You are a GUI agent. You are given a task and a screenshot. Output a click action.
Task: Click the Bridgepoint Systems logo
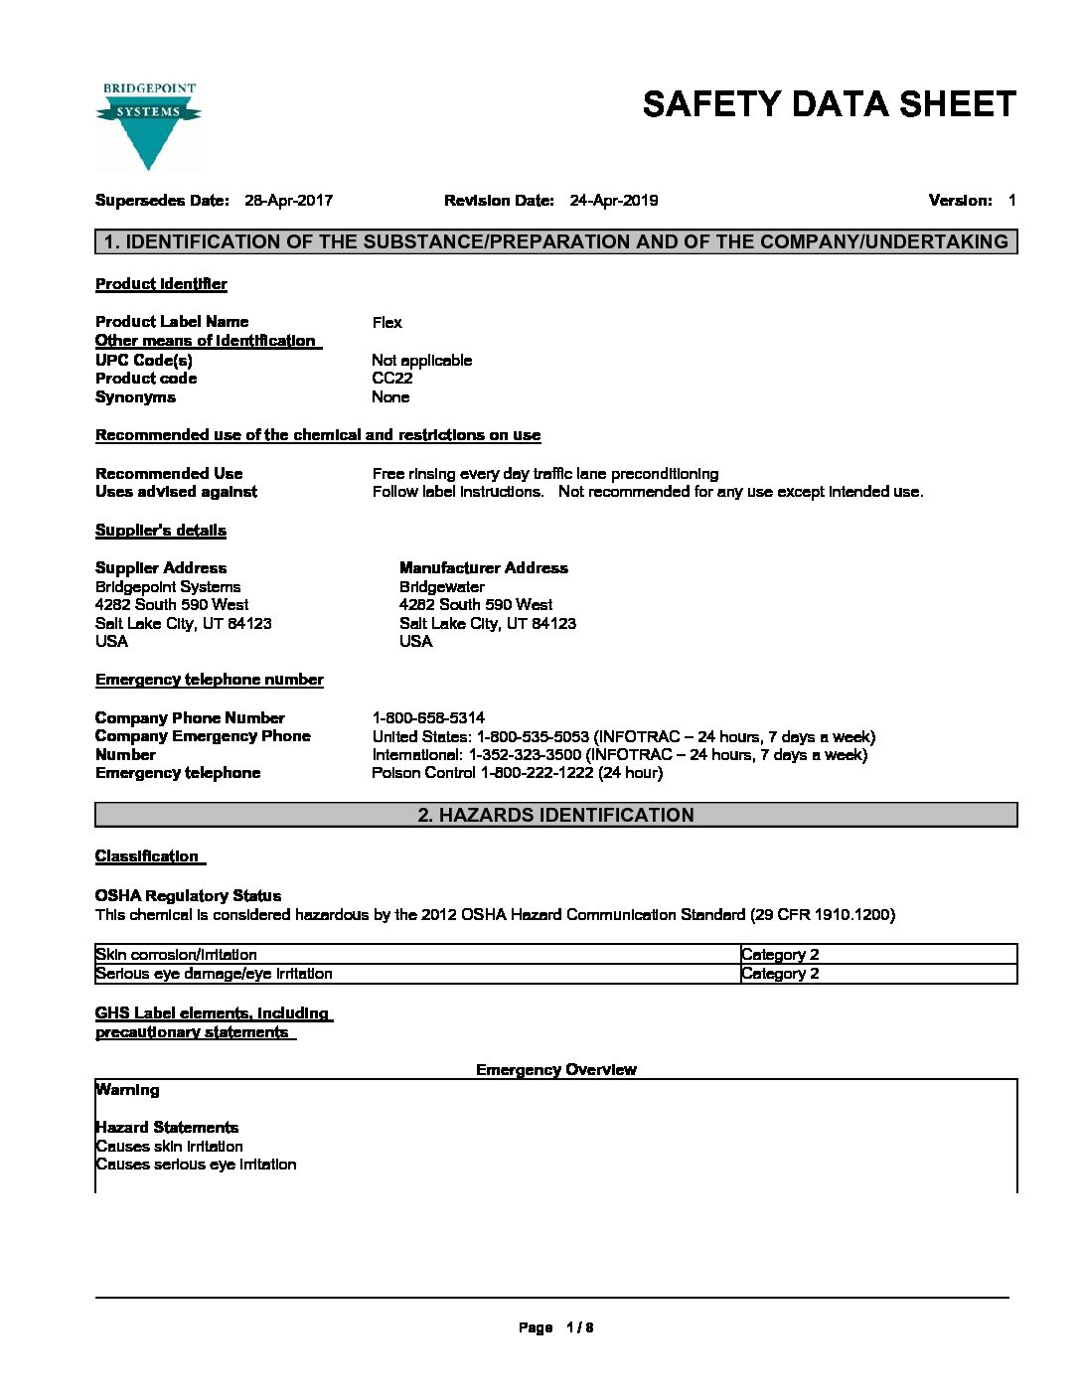148,126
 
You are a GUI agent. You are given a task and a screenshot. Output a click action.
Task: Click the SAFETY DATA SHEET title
829,104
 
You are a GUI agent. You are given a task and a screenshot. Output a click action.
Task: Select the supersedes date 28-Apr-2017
288,201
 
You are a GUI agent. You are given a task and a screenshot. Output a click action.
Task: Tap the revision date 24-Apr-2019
613,201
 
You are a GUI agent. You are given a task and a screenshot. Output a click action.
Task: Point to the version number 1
1011,201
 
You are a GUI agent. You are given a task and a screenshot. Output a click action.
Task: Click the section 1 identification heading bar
555,241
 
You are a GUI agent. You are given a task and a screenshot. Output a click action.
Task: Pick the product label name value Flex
386,322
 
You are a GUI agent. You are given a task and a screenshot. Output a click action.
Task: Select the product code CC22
391,379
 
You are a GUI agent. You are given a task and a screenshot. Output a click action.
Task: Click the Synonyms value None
390,397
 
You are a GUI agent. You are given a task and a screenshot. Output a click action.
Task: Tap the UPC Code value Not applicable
421,361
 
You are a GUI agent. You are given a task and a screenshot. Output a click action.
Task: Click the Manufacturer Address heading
483,568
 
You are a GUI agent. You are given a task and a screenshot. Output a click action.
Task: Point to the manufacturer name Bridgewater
441,587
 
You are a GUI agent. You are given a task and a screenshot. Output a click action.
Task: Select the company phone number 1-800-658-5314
428,717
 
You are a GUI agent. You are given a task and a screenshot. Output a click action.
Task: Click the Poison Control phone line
517,773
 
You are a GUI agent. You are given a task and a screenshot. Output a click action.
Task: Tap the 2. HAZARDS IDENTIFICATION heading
555,815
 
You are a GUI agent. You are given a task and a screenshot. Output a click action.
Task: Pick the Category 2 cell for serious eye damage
780,974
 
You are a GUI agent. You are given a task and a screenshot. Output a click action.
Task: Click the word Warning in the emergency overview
127,1090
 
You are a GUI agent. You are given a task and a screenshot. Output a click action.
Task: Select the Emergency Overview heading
555,1070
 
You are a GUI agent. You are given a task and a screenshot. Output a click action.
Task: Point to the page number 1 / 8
579,1327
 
